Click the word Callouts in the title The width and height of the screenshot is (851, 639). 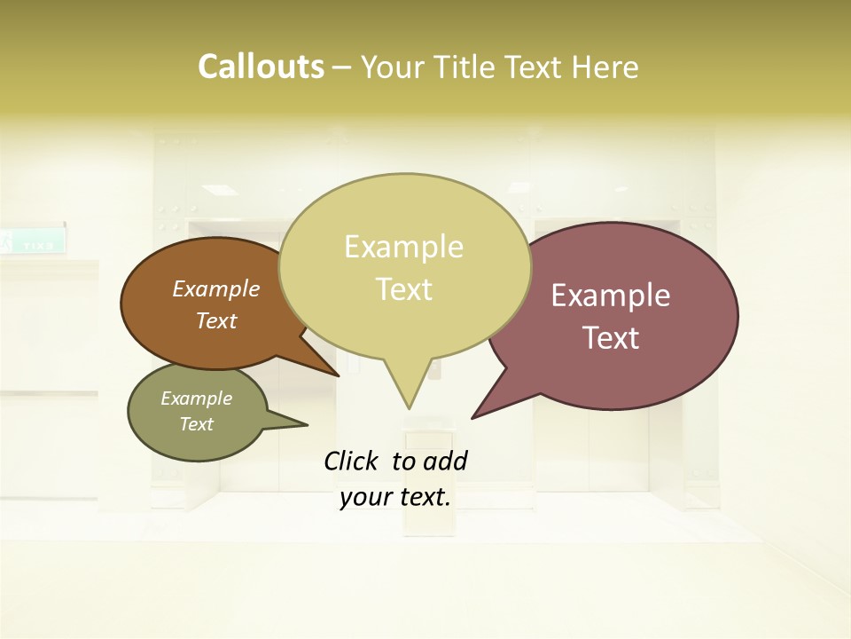(261, 67)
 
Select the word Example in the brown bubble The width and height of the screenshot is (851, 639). (216, 288)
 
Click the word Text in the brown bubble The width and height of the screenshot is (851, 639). (216, 320)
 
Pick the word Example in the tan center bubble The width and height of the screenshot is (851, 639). (403, 247)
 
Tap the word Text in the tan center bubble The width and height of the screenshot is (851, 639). (403, 289)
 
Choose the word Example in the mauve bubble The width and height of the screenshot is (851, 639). (611, 296)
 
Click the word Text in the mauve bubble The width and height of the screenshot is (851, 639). (611, 338)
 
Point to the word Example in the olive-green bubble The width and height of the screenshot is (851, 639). (197, 398)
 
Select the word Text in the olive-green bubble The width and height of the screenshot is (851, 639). (197, 424)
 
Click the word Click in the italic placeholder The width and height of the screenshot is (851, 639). (354, 461)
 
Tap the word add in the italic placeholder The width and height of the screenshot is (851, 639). (446, 461)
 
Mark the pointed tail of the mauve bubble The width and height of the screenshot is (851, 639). (475, 415)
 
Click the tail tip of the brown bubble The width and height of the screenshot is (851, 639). (337, 375)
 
